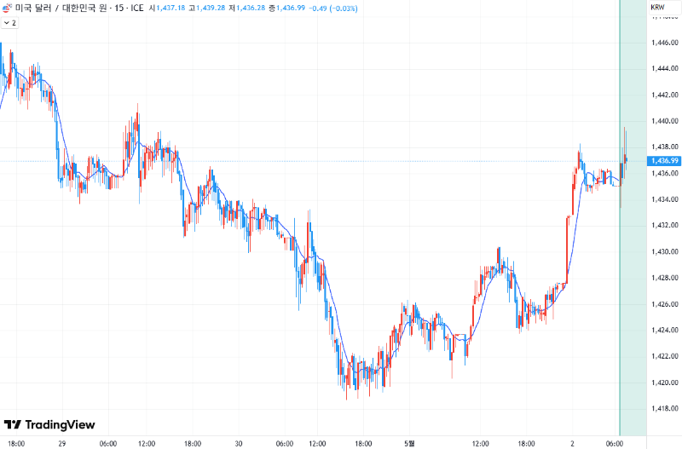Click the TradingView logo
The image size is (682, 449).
tap(49, 424)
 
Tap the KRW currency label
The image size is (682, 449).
tap(657, 8)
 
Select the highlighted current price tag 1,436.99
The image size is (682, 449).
tap(663, 160)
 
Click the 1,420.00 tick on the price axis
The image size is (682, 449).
tap(663, 383)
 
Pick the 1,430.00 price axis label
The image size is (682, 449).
tap(663, 252)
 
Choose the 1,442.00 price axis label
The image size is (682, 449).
tap(663, 95)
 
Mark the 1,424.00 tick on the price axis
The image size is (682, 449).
tap(663, 331)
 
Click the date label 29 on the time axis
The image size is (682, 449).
tap(62, 443)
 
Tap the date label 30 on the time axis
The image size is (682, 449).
tap(240, 443)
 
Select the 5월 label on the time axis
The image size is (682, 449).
tap(410, 443)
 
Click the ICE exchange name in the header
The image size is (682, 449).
tap(136, 9)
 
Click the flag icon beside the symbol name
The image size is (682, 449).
tap(7, 9)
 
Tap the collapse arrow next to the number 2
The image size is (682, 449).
tap(6, 23)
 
